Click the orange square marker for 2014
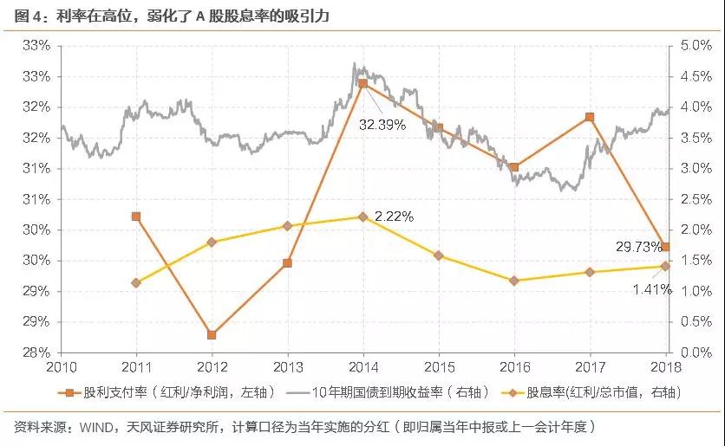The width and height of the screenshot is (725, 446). pyautogui.click(x=363, y=84)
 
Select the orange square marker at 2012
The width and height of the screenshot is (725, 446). pyautogui.click(x=212, y=334)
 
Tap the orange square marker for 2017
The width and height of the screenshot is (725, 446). pyautogui.click(x=590, y=117)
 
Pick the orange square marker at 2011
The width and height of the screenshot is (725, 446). pyautogui.click(x=136, y=217)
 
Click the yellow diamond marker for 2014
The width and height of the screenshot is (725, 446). pyautogui.click(x=363, y=217)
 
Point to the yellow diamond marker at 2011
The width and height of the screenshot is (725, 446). pyautogui.click(x=136, y=283)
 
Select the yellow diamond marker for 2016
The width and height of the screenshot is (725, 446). pyautogui.click(x=514, y=281)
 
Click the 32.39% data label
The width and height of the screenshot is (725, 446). pyautogui.click(x=382, y=124)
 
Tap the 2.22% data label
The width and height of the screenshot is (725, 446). pyautogui.click(x=394, y=217)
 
